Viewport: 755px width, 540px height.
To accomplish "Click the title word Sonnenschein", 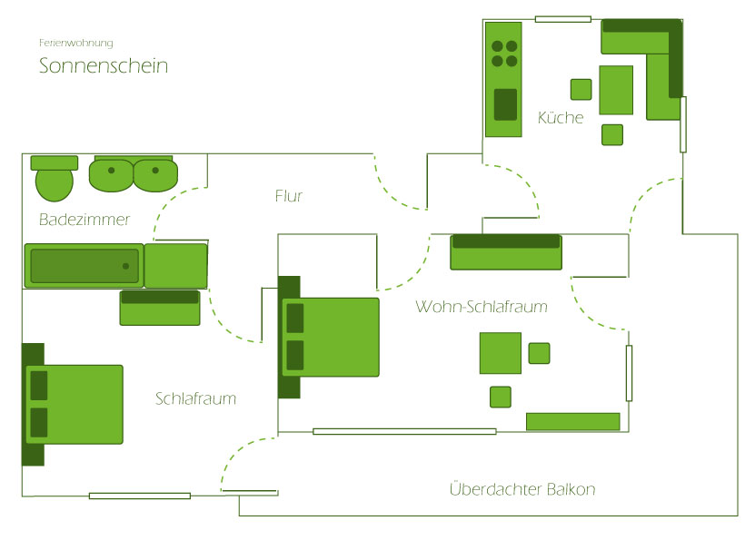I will tap(104, 66).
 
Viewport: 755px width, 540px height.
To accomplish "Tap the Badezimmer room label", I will tap(84, 220).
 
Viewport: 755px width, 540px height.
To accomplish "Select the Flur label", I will tap(288, 196).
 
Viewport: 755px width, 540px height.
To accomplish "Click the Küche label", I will tap(561, 118).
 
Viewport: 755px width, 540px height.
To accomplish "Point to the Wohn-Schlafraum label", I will tap(482, 307).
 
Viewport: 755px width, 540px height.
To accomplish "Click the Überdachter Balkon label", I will tap(522, 490).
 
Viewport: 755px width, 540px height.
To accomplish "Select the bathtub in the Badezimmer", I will tap(84, 266).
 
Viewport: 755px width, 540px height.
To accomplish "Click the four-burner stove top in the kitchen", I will tap(504, 54).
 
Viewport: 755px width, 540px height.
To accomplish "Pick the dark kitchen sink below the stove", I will tap(505, 104).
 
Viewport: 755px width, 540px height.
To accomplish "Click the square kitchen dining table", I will tap(616, 90).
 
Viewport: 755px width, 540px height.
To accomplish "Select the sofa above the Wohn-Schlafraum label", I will tap(506, 252).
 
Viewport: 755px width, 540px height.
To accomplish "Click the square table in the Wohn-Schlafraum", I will tap(501, 353).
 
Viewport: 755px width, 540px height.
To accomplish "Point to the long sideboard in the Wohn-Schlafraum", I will tap(572, 421).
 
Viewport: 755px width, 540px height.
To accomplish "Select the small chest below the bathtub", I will tap(160, 308).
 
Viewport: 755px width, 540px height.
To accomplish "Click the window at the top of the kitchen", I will tap(563, 19).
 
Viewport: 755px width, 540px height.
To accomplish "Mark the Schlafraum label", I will tap(195, 398).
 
